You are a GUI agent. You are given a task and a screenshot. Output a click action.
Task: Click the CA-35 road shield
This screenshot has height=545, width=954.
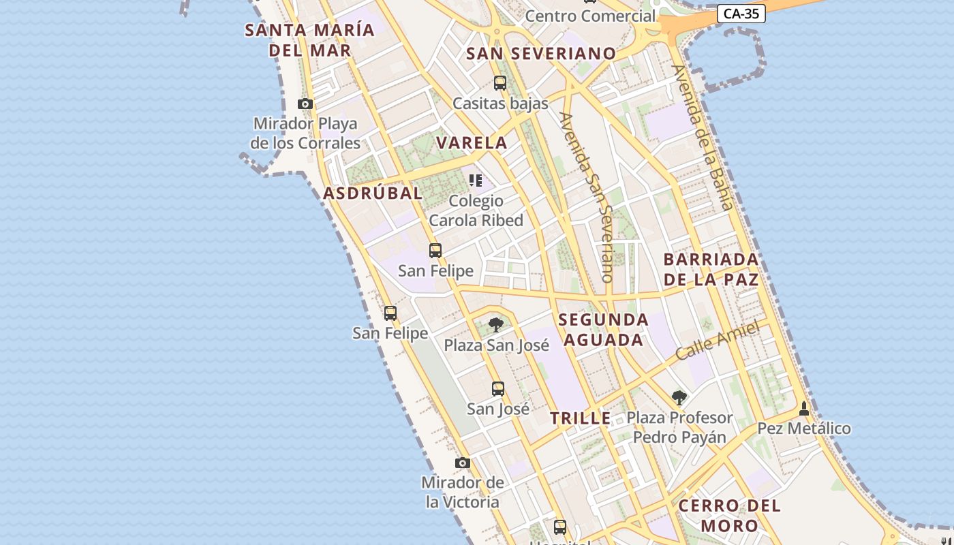(x=741, y=14)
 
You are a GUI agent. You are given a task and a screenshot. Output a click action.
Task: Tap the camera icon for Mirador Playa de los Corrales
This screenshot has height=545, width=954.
(x=305, y=104)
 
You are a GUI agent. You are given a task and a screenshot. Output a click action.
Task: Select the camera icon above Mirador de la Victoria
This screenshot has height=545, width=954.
(x=463, y=463)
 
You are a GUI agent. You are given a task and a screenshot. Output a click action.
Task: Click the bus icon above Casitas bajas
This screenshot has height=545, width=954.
(x=500, y=83)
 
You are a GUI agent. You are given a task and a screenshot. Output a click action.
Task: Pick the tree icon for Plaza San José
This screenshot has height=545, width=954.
(x=496, y=325)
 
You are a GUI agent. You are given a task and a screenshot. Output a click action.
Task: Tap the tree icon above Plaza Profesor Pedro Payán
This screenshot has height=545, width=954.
(x=679, y=397)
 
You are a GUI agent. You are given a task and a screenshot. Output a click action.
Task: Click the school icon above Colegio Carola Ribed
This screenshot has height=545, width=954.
(x=476, y=181)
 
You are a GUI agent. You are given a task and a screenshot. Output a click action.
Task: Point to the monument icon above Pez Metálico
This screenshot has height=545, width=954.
(x=804, y=409)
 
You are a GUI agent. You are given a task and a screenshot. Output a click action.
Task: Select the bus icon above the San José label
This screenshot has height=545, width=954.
(x=498, y=389)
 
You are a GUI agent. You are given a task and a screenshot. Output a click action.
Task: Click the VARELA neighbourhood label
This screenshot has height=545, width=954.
(x=472, y=143)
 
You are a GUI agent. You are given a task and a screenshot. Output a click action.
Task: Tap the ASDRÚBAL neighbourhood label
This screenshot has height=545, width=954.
(x=373, y=193)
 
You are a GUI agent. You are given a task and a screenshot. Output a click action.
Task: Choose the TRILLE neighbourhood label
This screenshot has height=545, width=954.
(x=581, y=419)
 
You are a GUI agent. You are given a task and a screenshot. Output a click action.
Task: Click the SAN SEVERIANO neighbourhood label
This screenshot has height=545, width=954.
(x=541, y=54)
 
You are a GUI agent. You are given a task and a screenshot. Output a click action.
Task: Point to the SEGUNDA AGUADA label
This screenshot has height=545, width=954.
(x=603, y=330)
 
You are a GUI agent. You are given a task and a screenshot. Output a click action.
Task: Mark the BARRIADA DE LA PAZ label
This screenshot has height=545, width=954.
(x=711, y=269)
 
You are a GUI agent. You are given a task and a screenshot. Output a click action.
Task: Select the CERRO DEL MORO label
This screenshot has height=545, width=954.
(x=729, y=516)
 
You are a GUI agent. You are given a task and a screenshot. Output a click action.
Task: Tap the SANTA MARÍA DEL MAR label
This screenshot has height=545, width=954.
(x=310, y=40)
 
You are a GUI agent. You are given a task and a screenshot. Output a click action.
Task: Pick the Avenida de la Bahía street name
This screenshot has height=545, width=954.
(x=702, y=137)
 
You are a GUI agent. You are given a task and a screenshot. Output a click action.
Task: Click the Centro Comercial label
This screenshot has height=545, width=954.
(x=590, y=16)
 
